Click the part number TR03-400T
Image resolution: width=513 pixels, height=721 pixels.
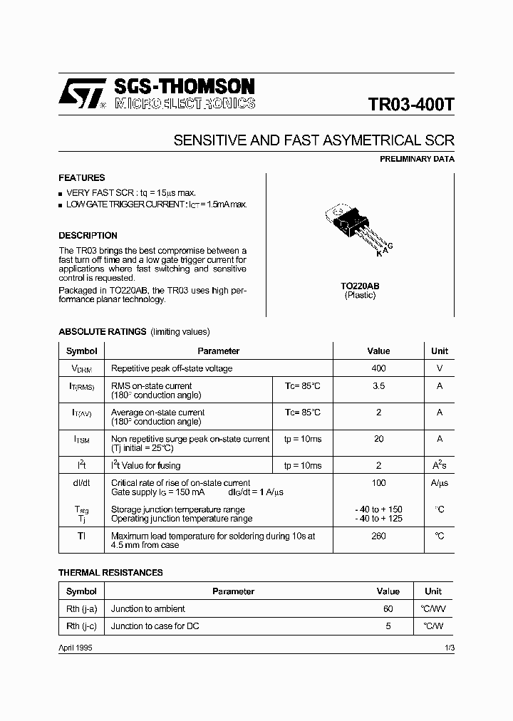[411, 105]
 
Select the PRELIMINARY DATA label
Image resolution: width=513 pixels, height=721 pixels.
[416, 160]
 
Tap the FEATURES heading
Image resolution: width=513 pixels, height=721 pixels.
[81, 178]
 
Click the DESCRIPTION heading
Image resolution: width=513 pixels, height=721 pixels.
[88, 236]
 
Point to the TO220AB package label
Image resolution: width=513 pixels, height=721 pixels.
[360, 286]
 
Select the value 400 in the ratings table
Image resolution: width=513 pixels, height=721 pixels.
[378, 368]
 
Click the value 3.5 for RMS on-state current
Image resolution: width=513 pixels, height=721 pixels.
[378, 386]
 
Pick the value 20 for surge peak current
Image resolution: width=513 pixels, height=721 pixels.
[378, 440]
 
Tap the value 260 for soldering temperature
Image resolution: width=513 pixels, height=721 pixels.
[378, 536]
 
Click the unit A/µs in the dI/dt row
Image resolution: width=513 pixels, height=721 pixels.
[440, 484]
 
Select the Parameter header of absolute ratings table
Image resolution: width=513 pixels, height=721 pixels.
[218, 351]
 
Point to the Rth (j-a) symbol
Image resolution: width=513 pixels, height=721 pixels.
[81, 609]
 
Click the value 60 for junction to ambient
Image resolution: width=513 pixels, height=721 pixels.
[388, 609]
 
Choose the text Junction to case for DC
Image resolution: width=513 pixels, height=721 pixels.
[155, 626]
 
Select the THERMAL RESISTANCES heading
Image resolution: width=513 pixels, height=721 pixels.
[110, 573]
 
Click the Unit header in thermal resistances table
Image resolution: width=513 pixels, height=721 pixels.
[433, 591]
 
